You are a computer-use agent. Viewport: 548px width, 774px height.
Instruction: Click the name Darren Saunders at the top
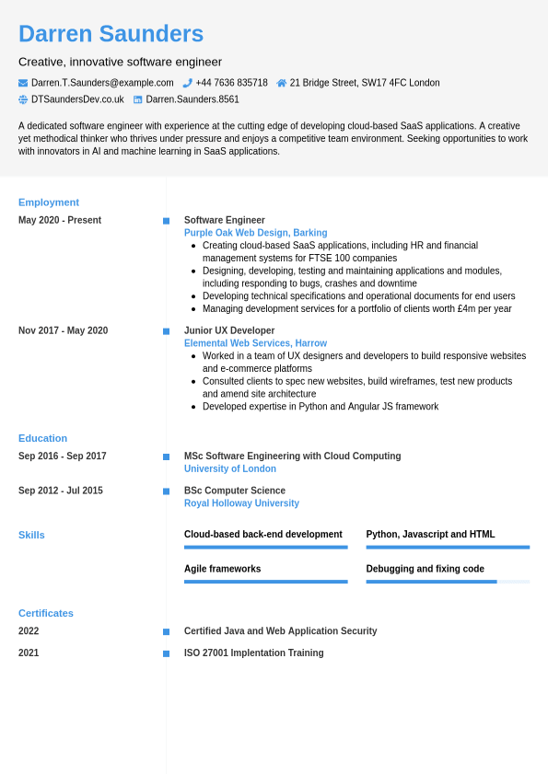click(x=111, y=34)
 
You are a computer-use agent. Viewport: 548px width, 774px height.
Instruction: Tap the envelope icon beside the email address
click(x=23, y=83)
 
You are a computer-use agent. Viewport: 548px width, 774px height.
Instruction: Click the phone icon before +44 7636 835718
click(x=187, y=83)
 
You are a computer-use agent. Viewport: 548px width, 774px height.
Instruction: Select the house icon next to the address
click(x=282, y=83)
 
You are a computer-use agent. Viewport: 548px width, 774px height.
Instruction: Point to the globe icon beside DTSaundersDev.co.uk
click(x=23, y=99)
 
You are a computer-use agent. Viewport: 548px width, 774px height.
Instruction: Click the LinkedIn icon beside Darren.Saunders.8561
click(x=138, y=99)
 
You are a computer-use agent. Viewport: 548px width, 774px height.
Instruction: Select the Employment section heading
click(x=49, y=202)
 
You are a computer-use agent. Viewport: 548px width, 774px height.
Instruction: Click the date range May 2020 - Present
click(x=60, y=220)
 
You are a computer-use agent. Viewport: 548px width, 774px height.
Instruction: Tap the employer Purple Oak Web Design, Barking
click(x=255, y=233)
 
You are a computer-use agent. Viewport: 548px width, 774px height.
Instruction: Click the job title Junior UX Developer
click(x=229, y=330)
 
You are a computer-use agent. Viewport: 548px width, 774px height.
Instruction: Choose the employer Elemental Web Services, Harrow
click(x=255, y=343)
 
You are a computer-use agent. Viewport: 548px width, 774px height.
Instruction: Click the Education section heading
click(x=42, y=438)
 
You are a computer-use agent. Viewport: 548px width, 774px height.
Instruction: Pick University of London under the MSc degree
click(x=230, y=468)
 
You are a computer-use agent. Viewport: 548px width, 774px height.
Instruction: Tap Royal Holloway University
click(x=241, y=503)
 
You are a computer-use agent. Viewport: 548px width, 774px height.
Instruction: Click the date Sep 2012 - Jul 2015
click(x=61, y=491)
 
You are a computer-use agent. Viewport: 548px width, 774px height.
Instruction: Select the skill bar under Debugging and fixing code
click(x=448, y=582)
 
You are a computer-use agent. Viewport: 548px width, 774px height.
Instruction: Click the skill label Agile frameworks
click(x=222, y=569)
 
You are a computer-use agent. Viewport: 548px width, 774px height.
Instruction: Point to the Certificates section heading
click(x=46, y=613)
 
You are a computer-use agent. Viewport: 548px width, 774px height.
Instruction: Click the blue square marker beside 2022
click(x=166, y=631)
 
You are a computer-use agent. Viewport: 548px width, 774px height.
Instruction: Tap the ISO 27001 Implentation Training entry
click(x=253, y=653)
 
